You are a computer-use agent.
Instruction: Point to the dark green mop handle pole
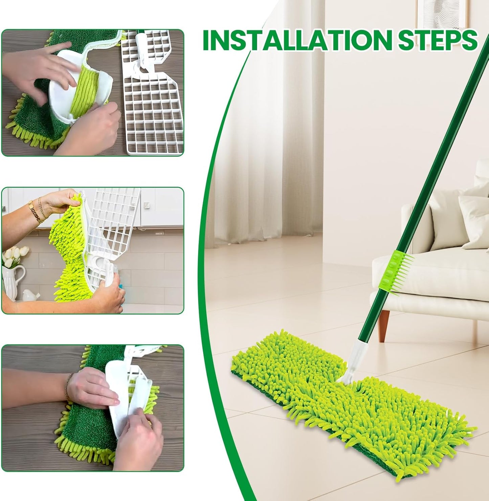440,169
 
